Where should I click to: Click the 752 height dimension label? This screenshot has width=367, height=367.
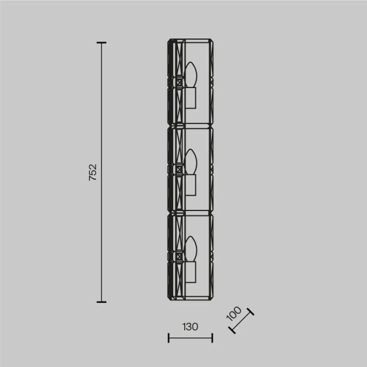[x=93, y=172]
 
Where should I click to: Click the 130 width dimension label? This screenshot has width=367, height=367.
[x=190, y=327]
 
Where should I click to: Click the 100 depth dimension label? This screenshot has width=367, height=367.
[x=234, y=313]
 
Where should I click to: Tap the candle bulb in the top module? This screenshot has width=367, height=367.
[x=190, y=75]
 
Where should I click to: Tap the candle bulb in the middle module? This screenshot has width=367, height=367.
[x=190, y=162]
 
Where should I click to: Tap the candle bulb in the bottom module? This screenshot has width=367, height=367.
[x=190, y=249]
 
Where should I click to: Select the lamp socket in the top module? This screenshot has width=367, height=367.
[x=190, y=98]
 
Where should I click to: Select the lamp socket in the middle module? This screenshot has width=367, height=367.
[x=190, y=185]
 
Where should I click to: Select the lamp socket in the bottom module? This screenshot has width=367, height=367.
[x=190, y=272]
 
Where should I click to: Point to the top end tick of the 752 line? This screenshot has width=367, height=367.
[x=102, y=43]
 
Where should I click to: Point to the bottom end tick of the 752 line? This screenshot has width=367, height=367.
[x=102, y=302]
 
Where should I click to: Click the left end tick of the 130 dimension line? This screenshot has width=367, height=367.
[x=169, y=338]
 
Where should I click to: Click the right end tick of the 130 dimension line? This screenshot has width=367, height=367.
[x=212, y=338]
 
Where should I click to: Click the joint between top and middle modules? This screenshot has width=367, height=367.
[x=190, y=127]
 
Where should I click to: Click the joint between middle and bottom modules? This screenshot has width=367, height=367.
[x=190, y=213]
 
